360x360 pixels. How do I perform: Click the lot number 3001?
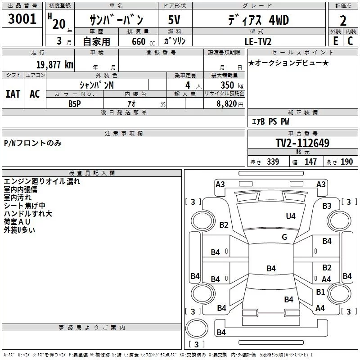pos(22,20)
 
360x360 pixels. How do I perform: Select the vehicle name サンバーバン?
pos(116,20)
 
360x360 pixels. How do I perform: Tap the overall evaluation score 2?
pos(343,21)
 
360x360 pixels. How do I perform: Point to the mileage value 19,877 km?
pos(54,64)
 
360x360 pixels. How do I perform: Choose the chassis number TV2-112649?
pos(302,144)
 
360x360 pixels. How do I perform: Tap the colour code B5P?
pos(75,103)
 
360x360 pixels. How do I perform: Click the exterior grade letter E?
pos(335,41)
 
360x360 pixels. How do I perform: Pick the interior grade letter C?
pos(350,41)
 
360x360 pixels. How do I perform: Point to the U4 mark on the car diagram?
pos(291,216)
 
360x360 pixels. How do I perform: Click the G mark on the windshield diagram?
pos(284,237)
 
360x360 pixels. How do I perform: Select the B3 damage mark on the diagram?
pos(327,206)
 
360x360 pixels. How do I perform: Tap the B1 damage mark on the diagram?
pos(320,292)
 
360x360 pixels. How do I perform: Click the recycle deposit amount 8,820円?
pos(229,103)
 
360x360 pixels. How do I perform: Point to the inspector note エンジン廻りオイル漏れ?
pos(42,182)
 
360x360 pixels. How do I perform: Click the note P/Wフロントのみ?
pos(32,143)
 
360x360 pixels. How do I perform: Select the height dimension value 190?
pos(346,162)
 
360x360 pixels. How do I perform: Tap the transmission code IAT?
pos(13,94)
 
